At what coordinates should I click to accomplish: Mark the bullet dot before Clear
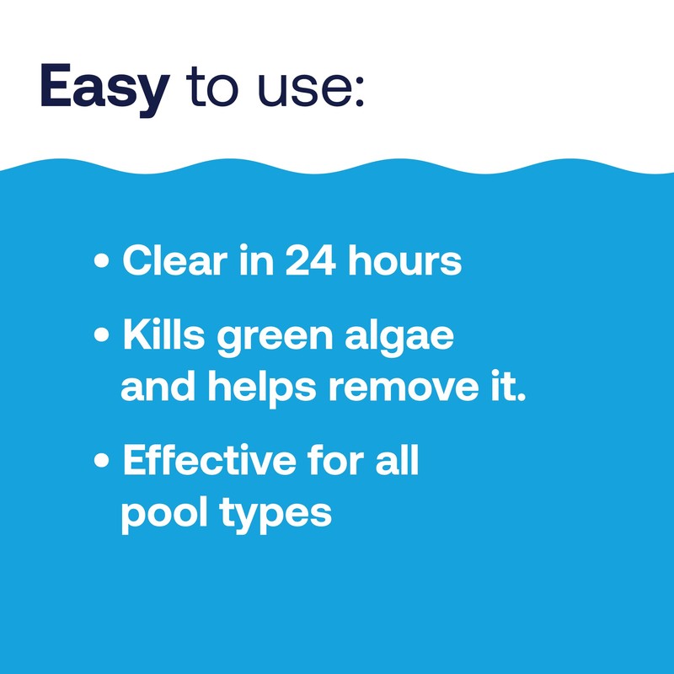[102, 263]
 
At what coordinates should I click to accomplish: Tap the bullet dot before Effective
[102, 463]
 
